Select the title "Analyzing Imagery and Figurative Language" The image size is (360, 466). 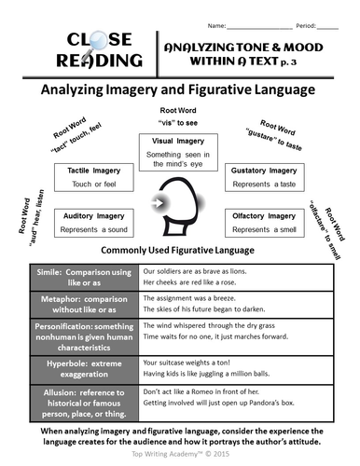(180, 90)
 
